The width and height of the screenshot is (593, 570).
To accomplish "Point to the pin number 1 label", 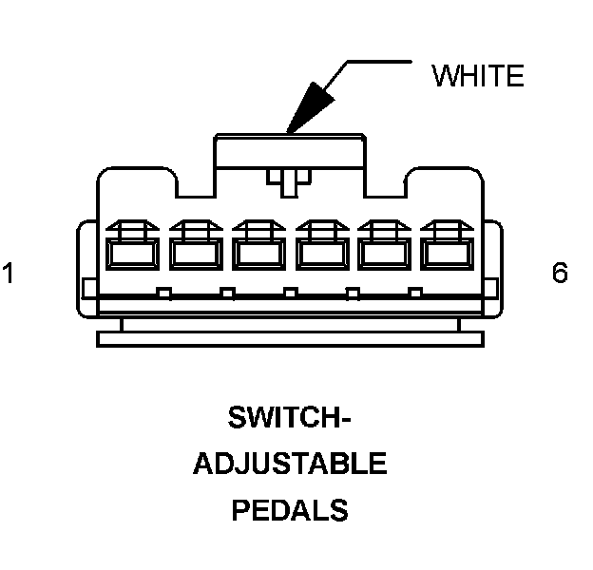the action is [9, 274].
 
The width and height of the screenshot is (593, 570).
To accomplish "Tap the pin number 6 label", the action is [560, 274].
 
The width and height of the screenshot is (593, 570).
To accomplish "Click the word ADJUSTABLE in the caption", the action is [290, 465].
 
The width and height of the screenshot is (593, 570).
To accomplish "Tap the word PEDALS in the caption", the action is [289, 510].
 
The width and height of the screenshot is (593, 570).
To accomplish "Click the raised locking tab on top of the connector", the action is [290, 157].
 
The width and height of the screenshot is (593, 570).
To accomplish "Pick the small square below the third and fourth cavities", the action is [290, 292].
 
